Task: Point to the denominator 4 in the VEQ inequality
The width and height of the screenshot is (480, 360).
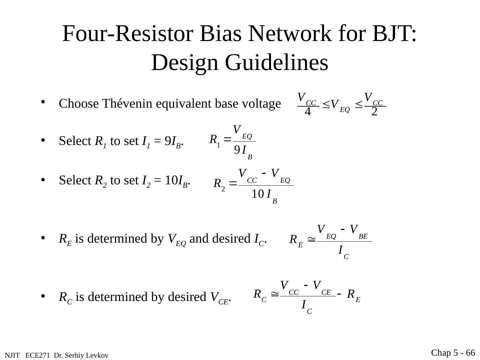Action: coord(308,112)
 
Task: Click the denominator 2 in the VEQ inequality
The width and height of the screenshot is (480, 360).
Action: coord(374,112)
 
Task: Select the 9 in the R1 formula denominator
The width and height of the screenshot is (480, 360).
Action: coord(237,151)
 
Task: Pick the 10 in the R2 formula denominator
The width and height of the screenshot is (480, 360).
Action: coord(257,194)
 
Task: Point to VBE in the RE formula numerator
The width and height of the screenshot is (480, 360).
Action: coord(359,230)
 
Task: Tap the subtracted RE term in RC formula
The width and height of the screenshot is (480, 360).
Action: coord(354,295)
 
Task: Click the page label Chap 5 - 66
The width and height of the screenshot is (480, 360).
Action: coord(453,353)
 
